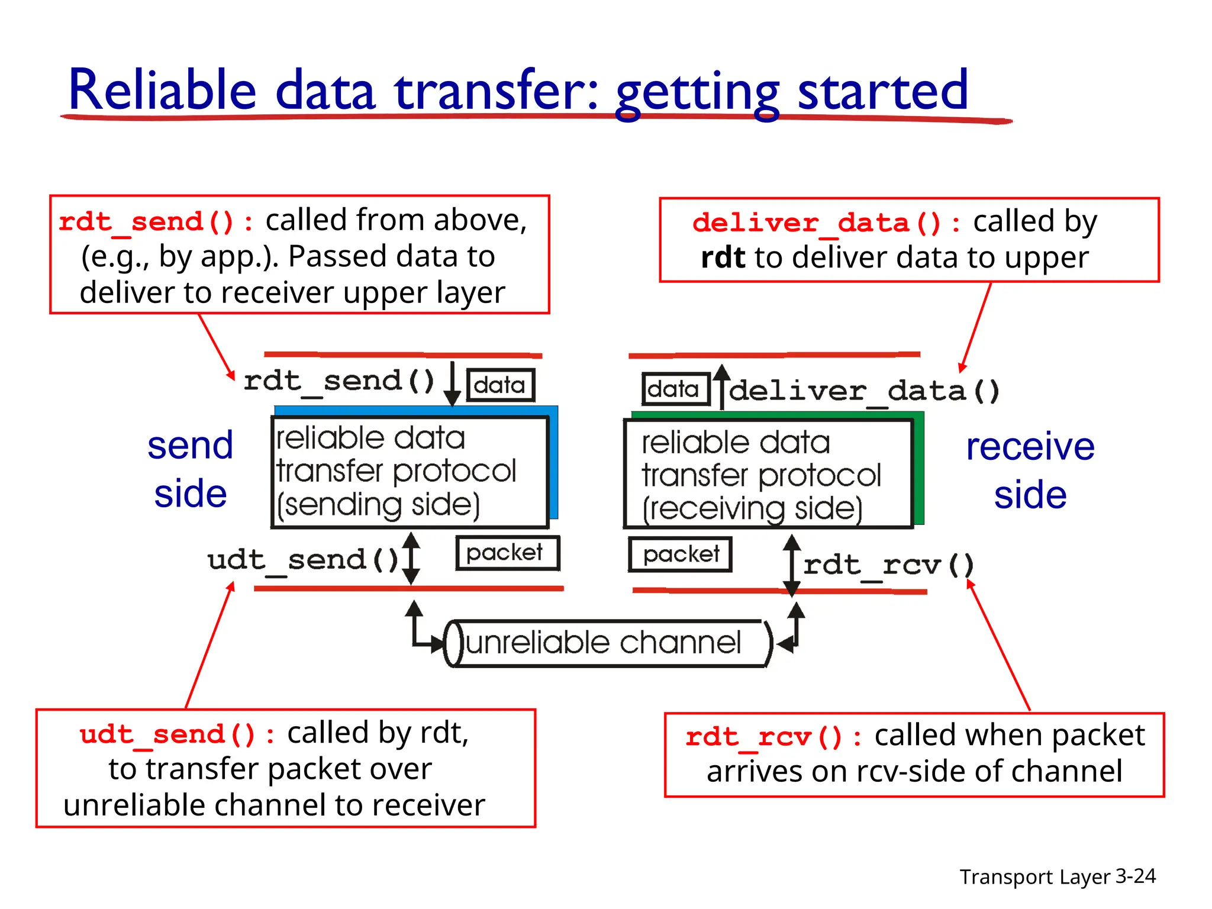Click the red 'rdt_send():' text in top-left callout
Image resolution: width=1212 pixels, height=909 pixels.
point(156,222)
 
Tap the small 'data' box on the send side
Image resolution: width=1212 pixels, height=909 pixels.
point(500,385)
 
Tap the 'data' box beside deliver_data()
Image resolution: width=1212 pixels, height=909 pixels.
point(675,389)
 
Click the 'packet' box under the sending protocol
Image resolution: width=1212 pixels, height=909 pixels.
point(507,553)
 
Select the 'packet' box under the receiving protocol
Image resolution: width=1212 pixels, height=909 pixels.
point(680,555)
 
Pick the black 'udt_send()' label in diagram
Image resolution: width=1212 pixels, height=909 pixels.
point(303,559)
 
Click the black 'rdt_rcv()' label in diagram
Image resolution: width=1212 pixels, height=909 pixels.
point(888,565)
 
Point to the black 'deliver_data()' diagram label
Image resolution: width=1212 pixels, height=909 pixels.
point(864,391)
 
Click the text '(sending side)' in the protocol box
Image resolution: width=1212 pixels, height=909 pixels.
point(379,505)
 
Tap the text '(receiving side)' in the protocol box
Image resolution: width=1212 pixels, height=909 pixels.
point(752,508)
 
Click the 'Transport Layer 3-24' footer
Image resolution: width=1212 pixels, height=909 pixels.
point(1057,876)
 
